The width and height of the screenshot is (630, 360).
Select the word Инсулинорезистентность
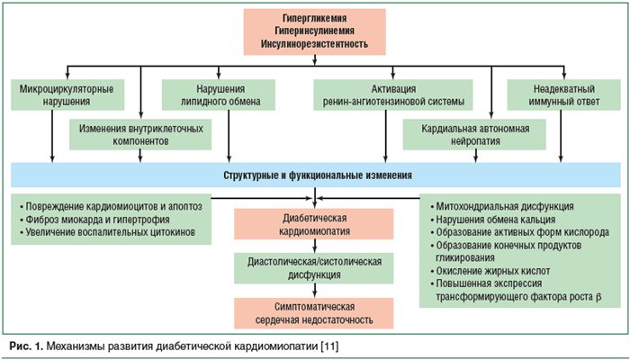314,42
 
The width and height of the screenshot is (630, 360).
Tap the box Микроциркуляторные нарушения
59,95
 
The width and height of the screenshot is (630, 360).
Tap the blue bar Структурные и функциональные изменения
314,174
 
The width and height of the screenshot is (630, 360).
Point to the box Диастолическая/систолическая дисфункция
314,268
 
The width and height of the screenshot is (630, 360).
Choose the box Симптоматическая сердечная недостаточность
314,311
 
